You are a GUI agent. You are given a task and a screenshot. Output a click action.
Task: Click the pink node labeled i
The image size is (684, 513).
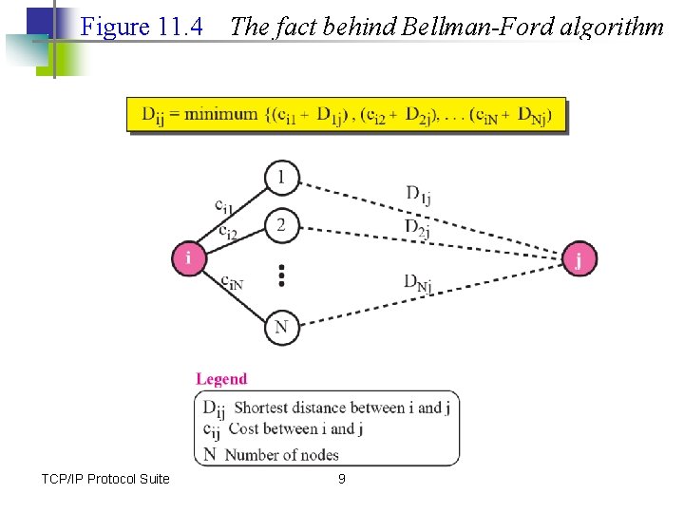tap(189, 258)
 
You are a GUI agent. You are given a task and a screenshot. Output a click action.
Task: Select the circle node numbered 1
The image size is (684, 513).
tap(281, 178)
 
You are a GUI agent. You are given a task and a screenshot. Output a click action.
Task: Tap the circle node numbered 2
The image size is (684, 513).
tap(281, 225)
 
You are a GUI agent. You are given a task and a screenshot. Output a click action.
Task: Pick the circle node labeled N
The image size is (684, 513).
tap(281, 328)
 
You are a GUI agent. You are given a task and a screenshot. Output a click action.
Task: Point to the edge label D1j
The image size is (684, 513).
tap(418, 196)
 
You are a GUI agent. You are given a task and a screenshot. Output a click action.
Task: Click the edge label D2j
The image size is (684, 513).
tap(418, 228)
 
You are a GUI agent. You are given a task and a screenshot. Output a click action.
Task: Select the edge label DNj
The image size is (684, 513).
tap(418, 282)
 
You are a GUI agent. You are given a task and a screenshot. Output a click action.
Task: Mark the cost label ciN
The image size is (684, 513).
tap(231, 281)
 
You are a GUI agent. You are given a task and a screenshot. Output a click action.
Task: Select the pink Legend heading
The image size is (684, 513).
tap(221, 379)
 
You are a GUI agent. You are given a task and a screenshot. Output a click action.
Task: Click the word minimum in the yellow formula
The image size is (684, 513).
tap(220, 115)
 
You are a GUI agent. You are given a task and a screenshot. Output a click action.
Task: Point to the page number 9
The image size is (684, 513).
tap(342, 479)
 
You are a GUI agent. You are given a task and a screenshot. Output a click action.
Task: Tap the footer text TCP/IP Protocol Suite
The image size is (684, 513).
tap(105, 479)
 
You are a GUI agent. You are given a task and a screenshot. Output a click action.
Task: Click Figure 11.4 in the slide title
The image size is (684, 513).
tap(142, 27)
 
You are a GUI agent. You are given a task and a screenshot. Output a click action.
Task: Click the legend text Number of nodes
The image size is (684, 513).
tap(281, 455)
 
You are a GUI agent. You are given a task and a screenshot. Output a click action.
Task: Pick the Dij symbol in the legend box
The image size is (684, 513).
tap(214, 408)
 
